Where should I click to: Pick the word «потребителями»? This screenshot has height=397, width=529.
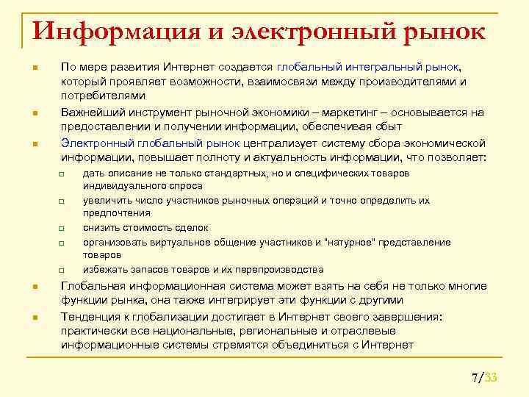click(x=103, y=96)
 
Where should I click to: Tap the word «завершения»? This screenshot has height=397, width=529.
click(x=402, y=316)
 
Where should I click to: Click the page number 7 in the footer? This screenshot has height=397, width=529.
click(x=475, y=378)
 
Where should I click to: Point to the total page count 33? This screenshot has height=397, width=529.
click(x=492, y=378)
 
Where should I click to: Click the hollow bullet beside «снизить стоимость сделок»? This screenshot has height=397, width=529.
click(x=63, y=229)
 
